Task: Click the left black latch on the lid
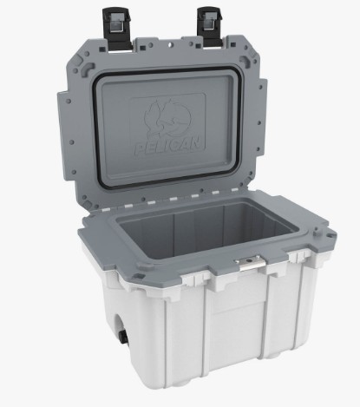pyautogui.click(x=117, y=29)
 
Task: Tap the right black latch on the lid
pyautogui.click(x=210, y=27)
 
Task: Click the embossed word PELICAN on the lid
pyautogui.click(x=168, y=147)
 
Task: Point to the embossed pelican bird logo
pyautogui.click(x=167, y=118)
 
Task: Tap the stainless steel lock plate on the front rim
pyautogui.click(x=249, y=262)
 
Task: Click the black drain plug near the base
pyautogui.click(x=123, y=338)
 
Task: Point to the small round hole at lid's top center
pyautogui.click(x=170, y=44)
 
